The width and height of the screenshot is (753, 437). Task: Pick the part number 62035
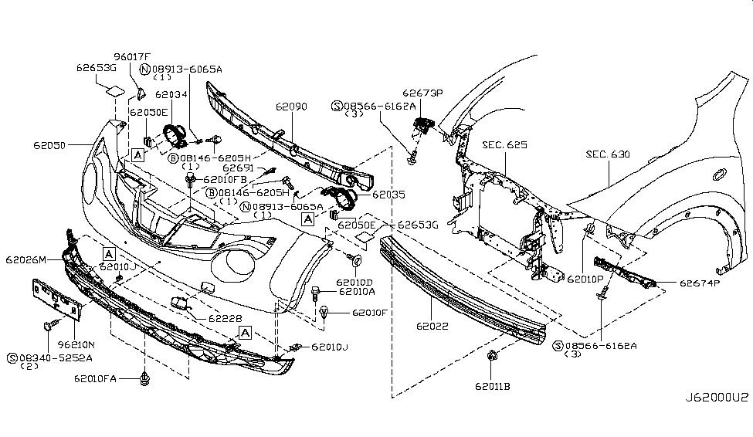pos(389,195)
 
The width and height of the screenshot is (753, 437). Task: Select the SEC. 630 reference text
pos(610,154)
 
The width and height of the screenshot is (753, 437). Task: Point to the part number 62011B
pos(493,385)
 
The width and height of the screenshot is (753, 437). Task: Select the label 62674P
pos(700,283)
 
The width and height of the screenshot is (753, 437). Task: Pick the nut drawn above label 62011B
pos(492,356)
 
